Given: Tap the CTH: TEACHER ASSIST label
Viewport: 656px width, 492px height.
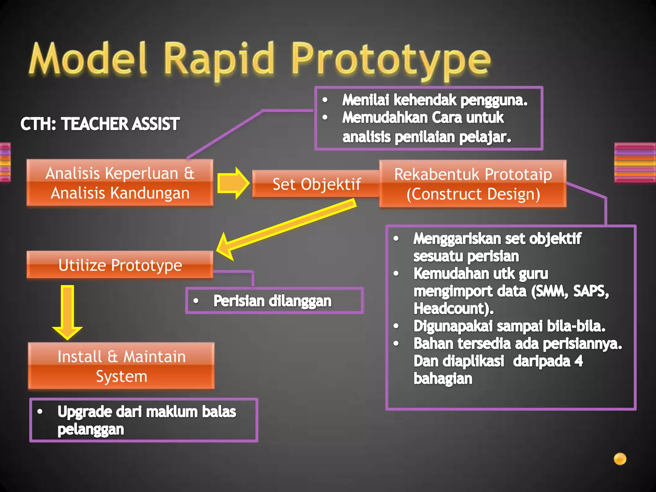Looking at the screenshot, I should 100,124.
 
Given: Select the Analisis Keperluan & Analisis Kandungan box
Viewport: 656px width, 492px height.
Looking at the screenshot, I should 120,183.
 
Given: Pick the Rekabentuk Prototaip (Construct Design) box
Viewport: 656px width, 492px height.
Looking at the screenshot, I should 473,184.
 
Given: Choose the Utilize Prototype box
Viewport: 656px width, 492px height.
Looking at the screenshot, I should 120,265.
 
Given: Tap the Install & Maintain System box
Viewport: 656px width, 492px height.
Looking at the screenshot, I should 121,366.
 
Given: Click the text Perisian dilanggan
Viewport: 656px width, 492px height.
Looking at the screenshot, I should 272,301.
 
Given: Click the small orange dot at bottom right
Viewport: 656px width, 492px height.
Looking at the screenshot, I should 620,459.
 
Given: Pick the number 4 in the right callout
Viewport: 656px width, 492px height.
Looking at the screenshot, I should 578,361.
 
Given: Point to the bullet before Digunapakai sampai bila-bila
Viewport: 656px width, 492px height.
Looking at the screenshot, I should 396,326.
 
